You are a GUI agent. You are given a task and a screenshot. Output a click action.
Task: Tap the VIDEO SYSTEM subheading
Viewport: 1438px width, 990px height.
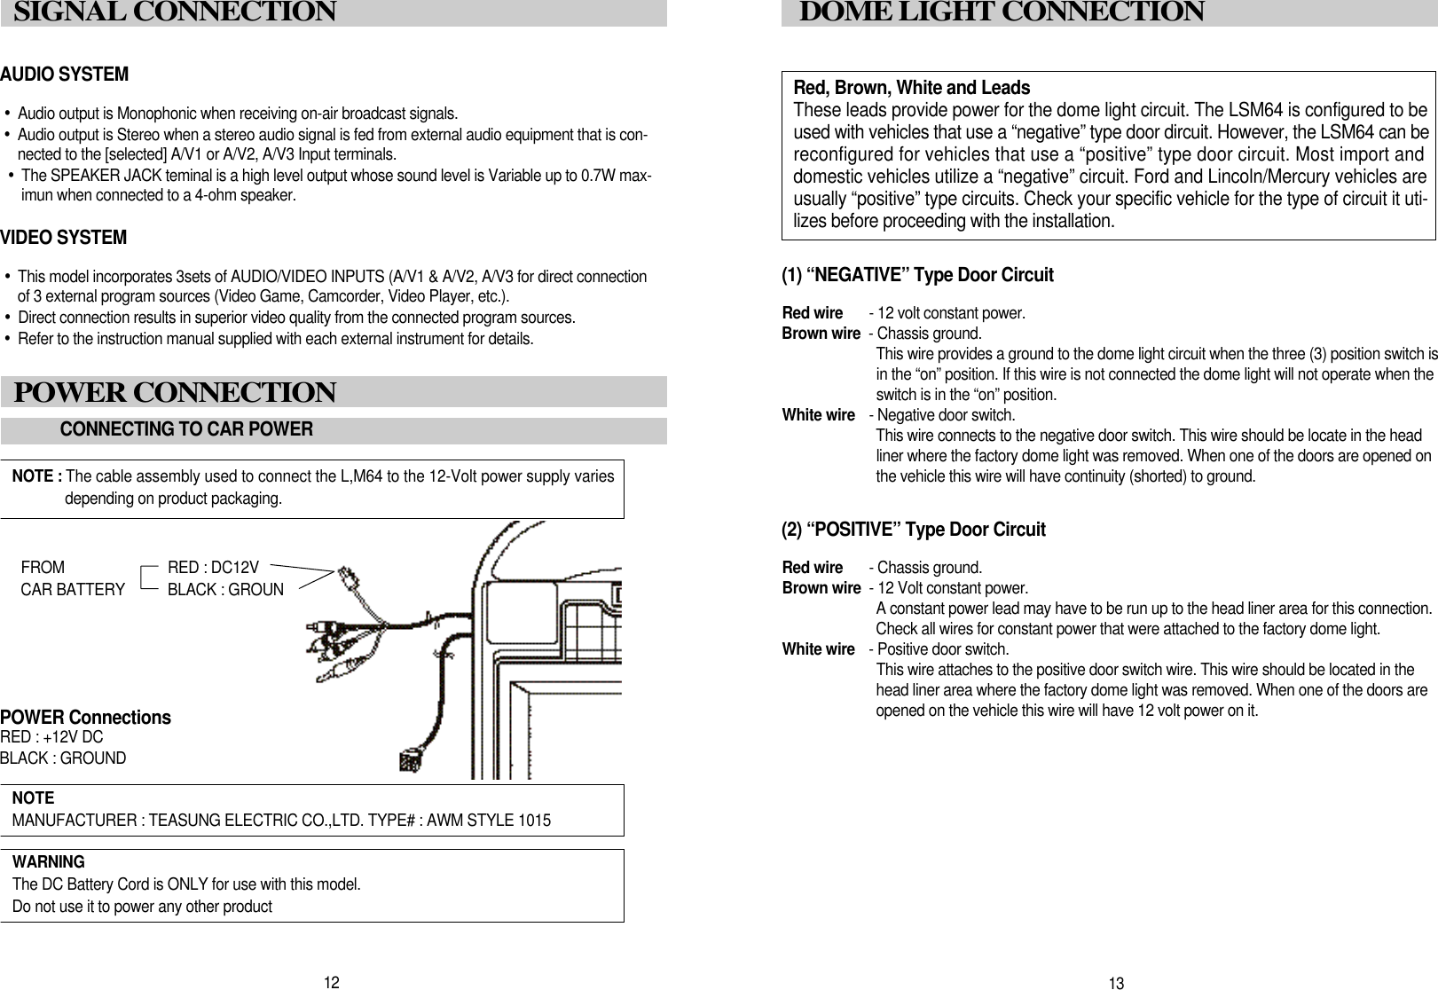[x=63, y=239]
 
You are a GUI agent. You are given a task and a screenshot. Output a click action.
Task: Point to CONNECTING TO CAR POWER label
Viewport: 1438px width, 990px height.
[x=186, y=430]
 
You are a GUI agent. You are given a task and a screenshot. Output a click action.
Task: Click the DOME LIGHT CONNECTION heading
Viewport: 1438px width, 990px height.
[x=1002, y=12]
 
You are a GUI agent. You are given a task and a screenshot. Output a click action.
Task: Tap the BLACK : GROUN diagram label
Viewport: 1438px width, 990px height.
[x=225, y=590]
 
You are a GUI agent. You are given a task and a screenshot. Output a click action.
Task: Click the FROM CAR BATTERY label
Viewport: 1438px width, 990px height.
[x=72, y=578]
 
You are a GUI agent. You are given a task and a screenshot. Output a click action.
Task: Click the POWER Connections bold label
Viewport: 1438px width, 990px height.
[x=85, y=717]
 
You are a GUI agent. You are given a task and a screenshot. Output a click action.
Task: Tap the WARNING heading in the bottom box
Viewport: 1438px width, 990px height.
[x=49, y=862]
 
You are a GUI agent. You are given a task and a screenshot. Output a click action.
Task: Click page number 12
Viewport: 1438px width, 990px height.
[x=331, y=982]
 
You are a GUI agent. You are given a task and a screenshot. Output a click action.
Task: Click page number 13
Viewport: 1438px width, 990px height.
[x=1116, y=983]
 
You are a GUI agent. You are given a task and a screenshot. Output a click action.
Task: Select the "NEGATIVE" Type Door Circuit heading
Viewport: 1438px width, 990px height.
[x=917, y=275]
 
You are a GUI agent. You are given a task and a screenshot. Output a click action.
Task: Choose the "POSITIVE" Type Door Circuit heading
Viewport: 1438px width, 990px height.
[x=913, y=530]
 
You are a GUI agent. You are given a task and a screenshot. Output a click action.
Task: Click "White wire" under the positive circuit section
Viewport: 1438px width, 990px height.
[x=818, y=649]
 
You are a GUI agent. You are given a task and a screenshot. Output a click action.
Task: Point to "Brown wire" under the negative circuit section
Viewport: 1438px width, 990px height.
[x=821, y=334]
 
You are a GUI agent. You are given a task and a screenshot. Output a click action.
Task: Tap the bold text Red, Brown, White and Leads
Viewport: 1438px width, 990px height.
[x=911, y=88]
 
